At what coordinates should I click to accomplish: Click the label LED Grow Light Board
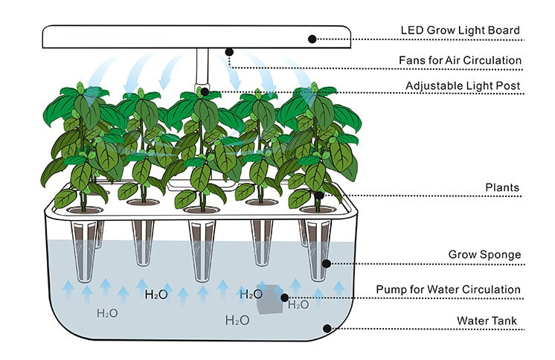click(x=460, y=30)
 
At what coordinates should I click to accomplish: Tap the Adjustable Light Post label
click(x=463, y=86)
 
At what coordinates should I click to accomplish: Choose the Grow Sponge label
click(x=484, y=254)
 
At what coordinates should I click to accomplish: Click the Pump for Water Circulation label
click(x=448, y=289)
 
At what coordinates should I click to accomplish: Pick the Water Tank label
click(x=488, y=321)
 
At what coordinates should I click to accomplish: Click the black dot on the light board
click(x=312, y=39)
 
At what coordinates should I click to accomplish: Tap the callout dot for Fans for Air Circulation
click(x=229, y=52)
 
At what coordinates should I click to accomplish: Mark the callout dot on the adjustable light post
click(x=205, y=94)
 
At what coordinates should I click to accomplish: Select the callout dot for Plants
click(x=319, y=196)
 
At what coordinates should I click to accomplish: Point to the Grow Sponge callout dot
click(x=325, y=263)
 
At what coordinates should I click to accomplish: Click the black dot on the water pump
click(x=284, y=298)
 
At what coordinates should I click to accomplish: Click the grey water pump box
click(x=269, y=299)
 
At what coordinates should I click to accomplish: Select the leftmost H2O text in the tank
click(x=107, y=313)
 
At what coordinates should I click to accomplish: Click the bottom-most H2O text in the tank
click(x=237, y=321)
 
